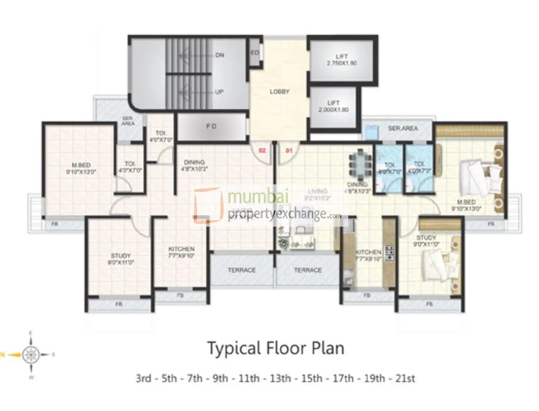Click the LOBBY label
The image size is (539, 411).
(279, 92)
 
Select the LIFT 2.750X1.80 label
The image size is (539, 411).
(336, 58)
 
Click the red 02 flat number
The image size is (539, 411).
(262, 151)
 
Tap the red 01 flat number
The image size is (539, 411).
(288, 151)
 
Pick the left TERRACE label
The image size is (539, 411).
(242, 270)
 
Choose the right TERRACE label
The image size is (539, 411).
(308, 270)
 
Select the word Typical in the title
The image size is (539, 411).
(231, 348)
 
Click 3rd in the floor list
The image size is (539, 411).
(143, 379)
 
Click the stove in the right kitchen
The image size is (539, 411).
(390, 253)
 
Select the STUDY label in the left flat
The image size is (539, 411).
(121, 256)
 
